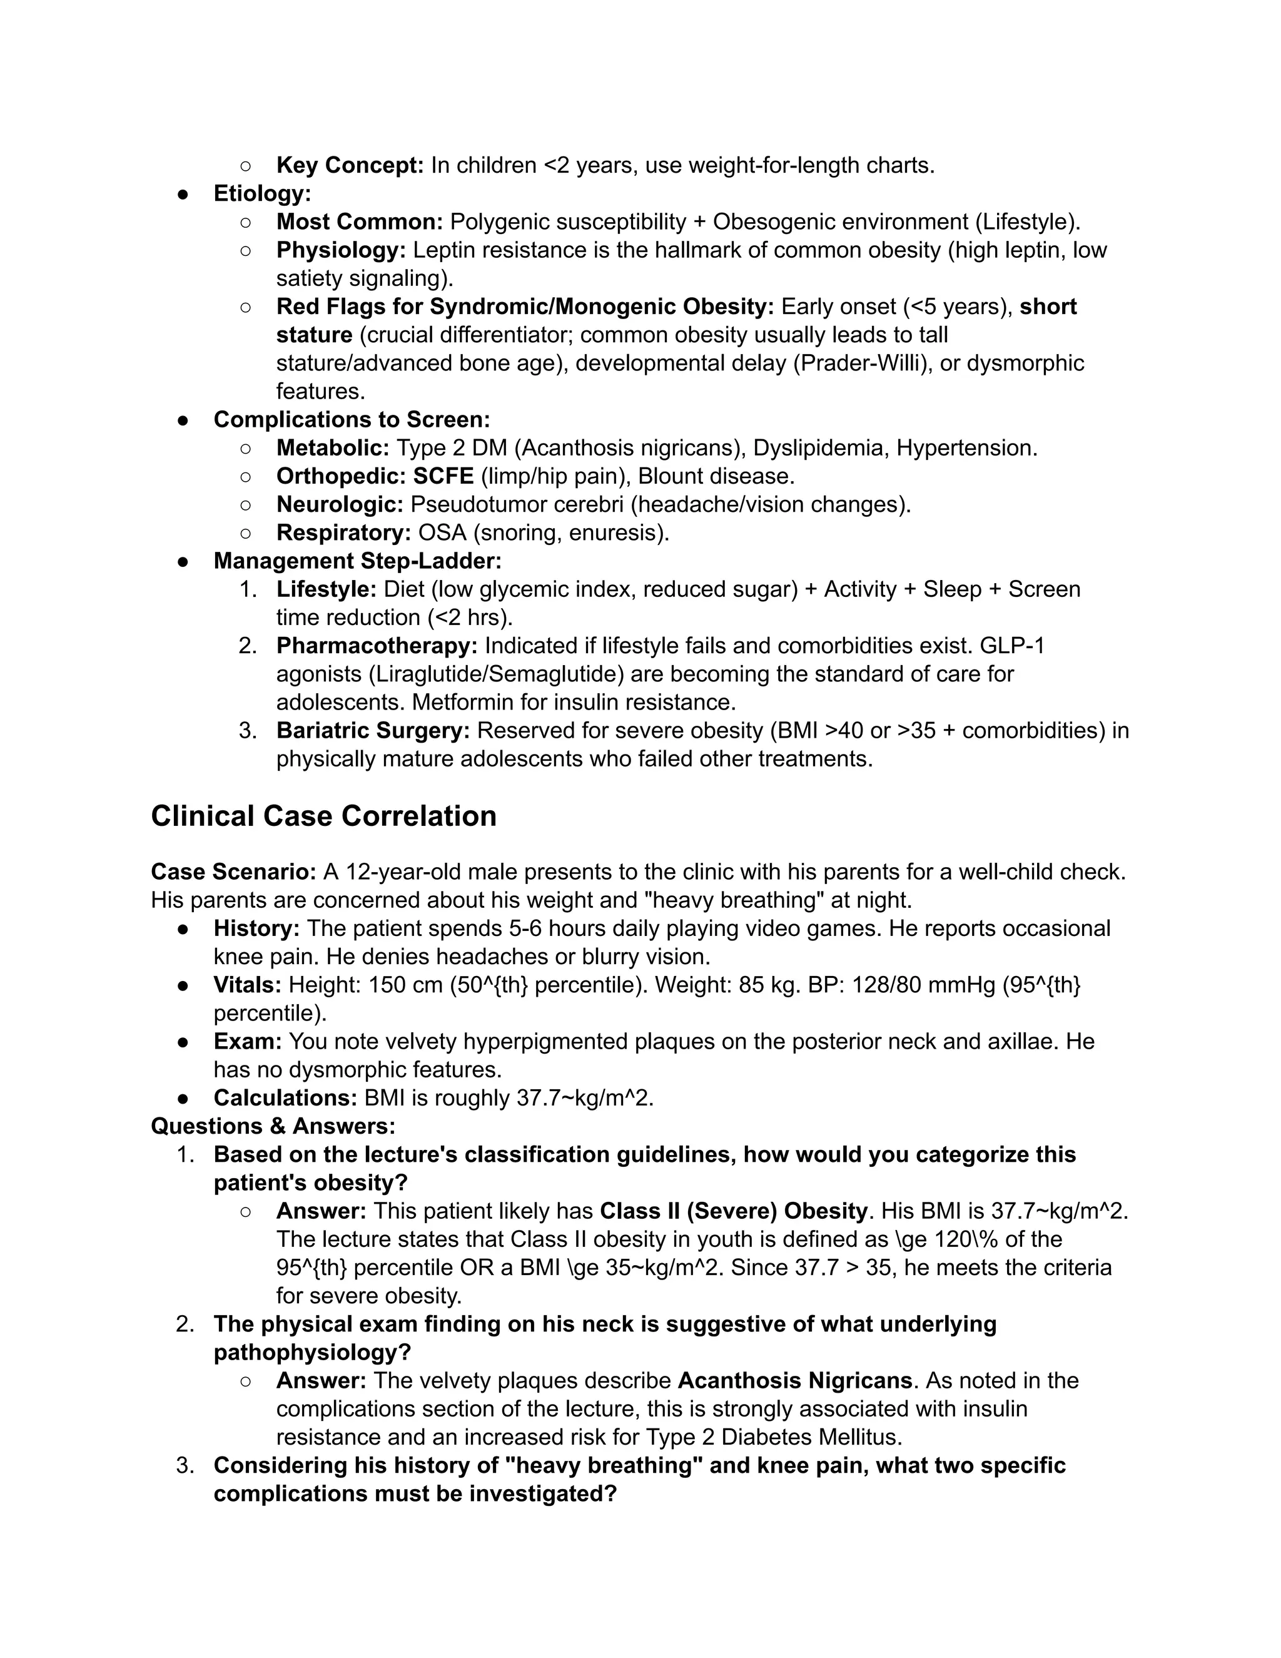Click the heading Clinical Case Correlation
tap(323, 816)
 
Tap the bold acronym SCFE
tap(443, 476)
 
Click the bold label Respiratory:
tap(343, 533)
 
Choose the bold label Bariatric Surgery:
tap(373, 730)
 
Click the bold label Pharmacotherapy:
tap(377, 646)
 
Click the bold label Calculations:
tap(285, 1098)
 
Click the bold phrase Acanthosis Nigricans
tap(794, 1380)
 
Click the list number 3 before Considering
tap(185, 1465)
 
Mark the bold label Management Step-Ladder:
tap(357, 561)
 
